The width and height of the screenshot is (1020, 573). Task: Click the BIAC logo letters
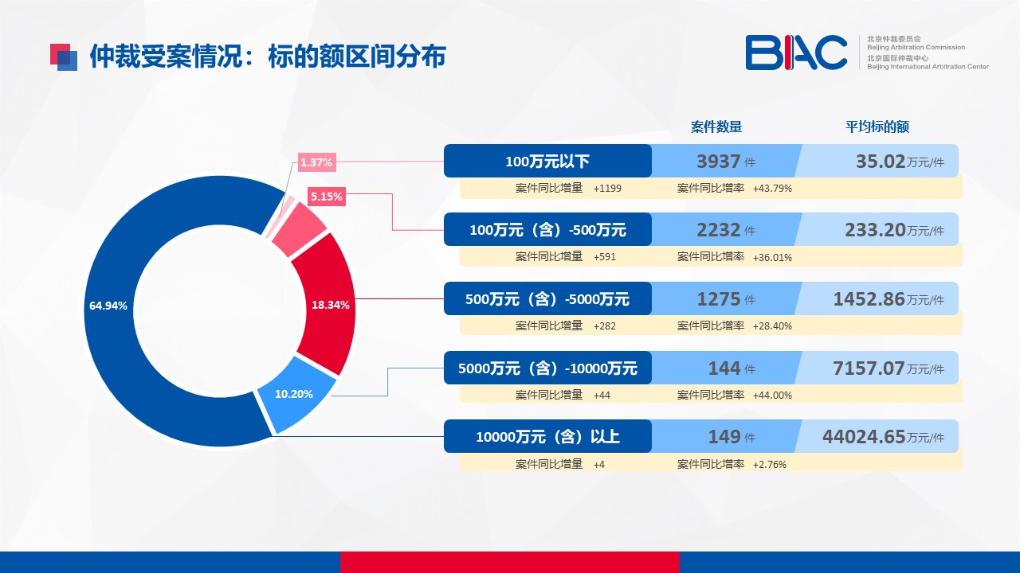[x=796, y=53]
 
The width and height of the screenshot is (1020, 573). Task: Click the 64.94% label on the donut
[x=108, y=306]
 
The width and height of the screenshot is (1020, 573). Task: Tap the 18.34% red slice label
[x=331, y=305]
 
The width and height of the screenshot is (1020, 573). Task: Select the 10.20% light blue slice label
[x=294, y=394]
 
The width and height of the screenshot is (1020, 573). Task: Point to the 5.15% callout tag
[x=327, y=197]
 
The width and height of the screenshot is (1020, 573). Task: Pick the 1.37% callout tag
[x=317, y=162]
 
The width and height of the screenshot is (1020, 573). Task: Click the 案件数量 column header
[x=716, y=127]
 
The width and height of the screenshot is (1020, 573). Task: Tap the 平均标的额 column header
[x=877, y=127]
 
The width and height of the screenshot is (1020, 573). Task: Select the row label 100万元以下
[x=547, y=162]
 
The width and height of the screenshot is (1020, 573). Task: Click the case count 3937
[x=719, y=162]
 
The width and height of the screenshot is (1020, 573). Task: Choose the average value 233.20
[x=875, y=230]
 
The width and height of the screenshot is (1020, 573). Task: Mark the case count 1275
[x=719, y=299]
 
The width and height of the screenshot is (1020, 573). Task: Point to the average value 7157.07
[x=869, y=368]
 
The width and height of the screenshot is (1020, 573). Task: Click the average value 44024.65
[x=864, y=437]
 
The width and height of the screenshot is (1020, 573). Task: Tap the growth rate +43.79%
[x=772, y=189]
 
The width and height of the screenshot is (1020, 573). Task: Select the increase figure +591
[x=605, y=257]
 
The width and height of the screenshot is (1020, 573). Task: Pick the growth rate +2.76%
[x=770, y=464]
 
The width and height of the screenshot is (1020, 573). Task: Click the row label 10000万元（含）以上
[x=547, y=437]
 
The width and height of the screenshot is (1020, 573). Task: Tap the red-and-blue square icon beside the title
[x=64, y=57]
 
